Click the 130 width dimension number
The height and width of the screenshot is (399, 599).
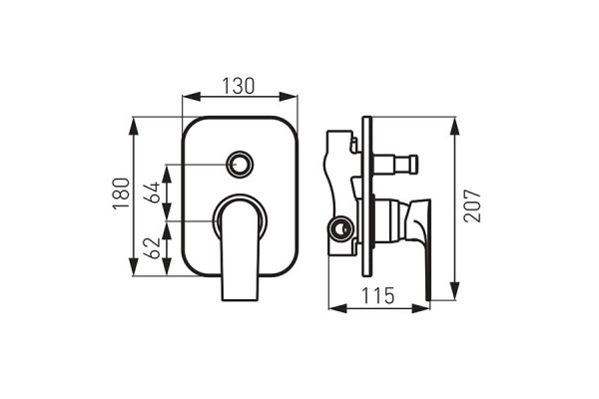pos(240,86)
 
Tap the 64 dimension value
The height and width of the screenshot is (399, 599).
pos(154,192)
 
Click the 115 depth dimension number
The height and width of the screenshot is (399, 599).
pos(377,296)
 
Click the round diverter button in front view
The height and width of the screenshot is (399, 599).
pos(240,163)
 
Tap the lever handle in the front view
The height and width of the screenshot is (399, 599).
pos(240,249)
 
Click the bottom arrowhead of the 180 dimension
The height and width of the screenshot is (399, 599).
pos(134,272)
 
